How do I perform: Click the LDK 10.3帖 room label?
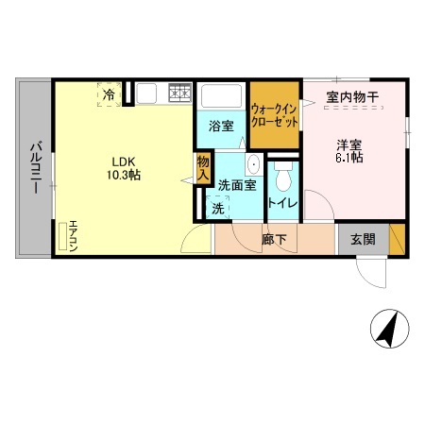124,167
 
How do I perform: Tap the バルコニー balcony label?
34,168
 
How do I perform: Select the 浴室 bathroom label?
221,124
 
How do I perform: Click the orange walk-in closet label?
274,116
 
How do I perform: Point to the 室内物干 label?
352,96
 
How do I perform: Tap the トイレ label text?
283,203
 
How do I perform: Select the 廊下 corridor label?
274,240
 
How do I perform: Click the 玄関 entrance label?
363,240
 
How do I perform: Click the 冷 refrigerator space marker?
110,94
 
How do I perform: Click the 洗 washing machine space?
217,209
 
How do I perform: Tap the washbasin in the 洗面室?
252,170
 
